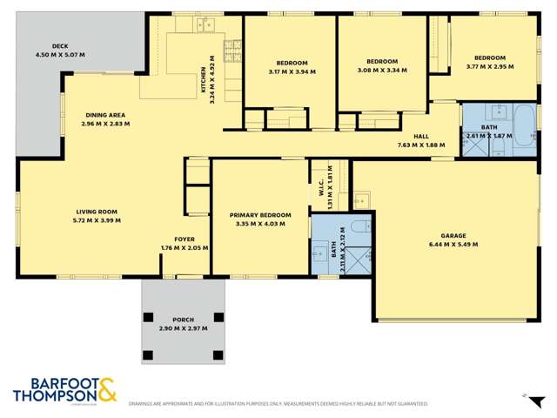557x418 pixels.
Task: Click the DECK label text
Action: (x=60, y=46)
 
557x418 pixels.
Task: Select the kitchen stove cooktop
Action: (x=232, y=47)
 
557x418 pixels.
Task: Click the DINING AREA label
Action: (x=105, y=115)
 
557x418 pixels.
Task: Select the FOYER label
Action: (x=184, y=239)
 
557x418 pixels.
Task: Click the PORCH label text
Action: (x=184, y=320)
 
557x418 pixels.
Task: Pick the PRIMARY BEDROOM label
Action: (x=260, y=214)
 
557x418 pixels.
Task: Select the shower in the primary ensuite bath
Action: (x=363, y=258)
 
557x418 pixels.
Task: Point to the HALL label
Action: (x=421, y=136)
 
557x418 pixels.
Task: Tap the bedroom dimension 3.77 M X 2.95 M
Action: (x=486, y=67)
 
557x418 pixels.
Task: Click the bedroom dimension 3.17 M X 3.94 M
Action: (x=292, y=72)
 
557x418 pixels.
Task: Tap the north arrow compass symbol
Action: (x=525, y=395)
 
